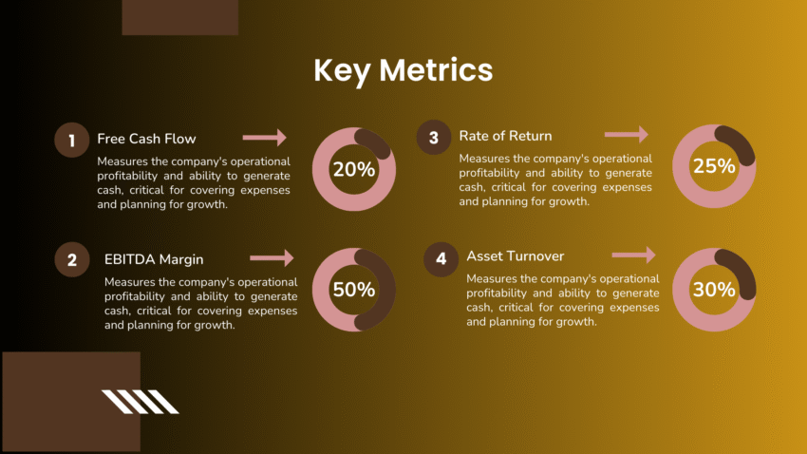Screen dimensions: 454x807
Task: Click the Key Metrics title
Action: pos(403,70)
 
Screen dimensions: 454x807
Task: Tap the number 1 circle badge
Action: pos(70,142)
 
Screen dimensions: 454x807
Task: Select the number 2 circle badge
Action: pos(71,260)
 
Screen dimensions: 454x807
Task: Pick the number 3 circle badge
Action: pos(433,138)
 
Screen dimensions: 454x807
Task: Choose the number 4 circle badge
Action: pos(441,259)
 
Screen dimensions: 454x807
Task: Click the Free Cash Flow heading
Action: pos(146,139)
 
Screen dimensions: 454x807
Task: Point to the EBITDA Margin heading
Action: pos(154,258)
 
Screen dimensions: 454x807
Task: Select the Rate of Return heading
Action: pos(505,136)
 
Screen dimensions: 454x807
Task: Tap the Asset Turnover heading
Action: pos(515,256)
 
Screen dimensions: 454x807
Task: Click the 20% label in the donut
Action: pos(353,170)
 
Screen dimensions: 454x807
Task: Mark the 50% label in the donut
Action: pos(353,290)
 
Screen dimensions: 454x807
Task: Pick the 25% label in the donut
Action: pos(714,166)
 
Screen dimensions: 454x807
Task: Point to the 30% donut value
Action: pos(714,289)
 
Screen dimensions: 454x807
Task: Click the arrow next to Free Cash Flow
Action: pos(264,138)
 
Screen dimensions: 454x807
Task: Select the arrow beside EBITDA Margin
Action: pos(272,257)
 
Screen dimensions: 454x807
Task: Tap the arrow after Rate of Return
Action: pos(627,135)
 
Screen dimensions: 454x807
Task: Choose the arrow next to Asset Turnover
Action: pos(633,255)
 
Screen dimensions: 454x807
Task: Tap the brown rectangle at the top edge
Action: pos(180,17)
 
